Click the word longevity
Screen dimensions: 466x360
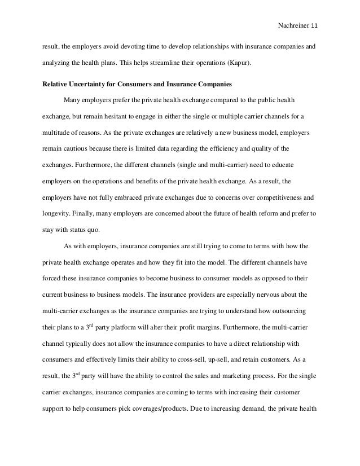click(57, 214)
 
